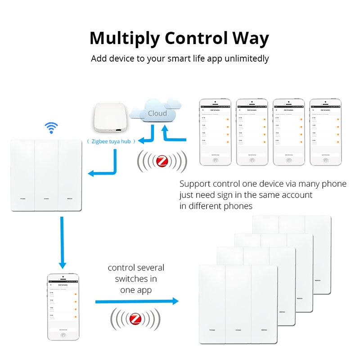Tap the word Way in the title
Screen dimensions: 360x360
pos(249,39)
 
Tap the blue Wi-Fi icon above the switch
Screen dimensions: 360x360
pos(51,128)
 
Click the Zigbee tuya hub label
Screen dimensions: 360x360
pos(110,141)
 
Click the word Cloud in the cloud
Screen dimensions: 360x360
pos(157,113)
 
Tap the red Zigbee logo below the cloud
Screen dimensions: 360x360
pos(162,161)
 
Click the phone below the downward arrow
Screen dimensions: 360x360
pos(63,306)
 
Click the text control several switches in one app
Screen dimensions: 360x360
pos(136,279)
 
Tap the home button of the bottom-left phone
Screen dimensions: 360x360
pos(63,335)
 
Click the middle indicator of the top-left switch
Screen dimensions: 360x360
pos(46,198)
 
